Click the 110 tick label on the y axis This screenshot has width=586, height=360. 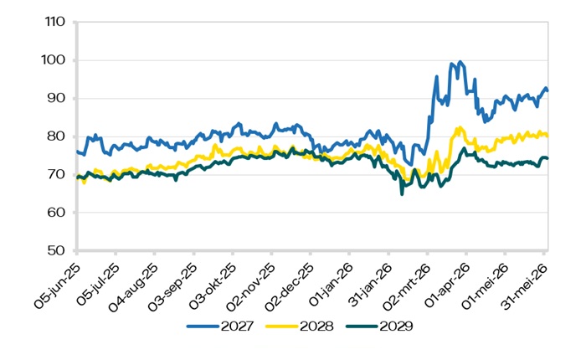coord(55,22)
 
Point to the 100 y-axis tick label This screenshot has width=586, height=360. coord(53,59)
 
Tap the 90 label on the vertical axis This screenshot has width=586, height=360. coord(56,98)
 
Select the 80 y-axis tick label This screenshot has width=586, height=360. coord(56,136)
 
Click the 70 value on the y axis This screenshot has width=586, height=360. coord(56,174)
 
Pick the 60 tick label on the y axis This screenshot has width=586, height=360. coord(56,212)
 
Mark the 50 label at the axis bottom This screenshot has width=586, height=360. coord(56,250)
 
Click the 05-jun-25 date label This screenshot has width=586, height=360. coord(57,285)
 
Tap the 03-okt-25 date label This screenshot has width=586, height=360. coord(213,286)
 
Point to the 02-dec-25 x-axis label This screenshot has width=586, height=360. coord(290,286)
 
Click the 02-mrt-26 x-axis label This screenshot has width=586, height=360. coord(408,286)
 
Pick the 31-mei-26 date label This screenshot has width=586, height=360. coord(525,286)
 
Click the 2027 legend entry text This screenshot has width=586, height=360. coord(237,327)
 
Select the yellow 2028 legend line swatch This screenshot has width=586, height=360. coord(282,327)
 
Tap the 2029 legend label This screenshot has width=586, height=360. coord(396,327)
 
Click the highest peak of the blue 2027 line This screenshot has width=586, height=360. coord(460,62)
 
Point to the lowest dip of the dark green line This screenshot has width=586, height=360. coord(402,194)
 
